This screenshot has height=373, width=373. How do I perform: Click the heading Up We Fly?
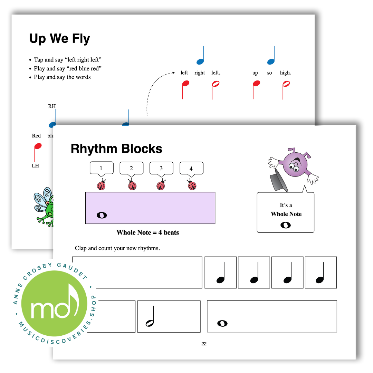60,39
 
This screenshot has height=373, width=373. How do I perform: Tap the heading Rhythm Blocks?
117,149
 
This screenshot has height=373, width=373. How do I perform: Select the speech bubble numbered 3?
161,169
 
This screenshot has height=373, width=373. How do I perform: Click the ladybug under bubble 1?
101,185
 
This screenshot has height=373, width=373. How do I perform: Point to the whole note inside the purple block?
102,215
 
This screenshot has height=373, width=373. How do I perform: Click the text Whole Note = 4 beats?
148,232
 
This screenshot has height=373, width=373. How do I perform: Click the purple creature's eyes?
294,167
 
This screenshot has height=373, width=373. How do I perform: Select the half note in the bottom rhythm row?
150,316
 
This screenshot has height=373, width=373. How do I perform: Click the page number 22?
204,344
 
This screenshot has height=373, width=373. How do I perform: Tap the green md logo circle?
54,303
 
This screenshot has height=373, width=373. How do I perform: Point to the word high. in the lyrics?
286,73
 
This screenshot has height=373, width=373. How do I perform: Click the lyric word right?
200,73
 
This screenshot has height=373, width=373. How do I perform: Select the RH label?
52,106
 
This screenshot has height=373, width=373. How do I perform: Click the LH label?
36,165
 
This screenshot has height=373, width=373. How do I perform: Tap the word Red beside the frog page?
36,136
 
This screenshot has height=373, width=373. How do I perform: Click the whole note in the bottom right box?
222,324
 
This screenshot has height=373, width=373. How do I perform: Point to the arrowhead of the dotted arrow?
174,73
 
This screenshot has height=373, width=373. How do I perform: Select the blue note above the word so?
271,55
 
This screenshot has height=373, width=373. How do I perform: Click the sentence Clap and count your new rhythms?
117,248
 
